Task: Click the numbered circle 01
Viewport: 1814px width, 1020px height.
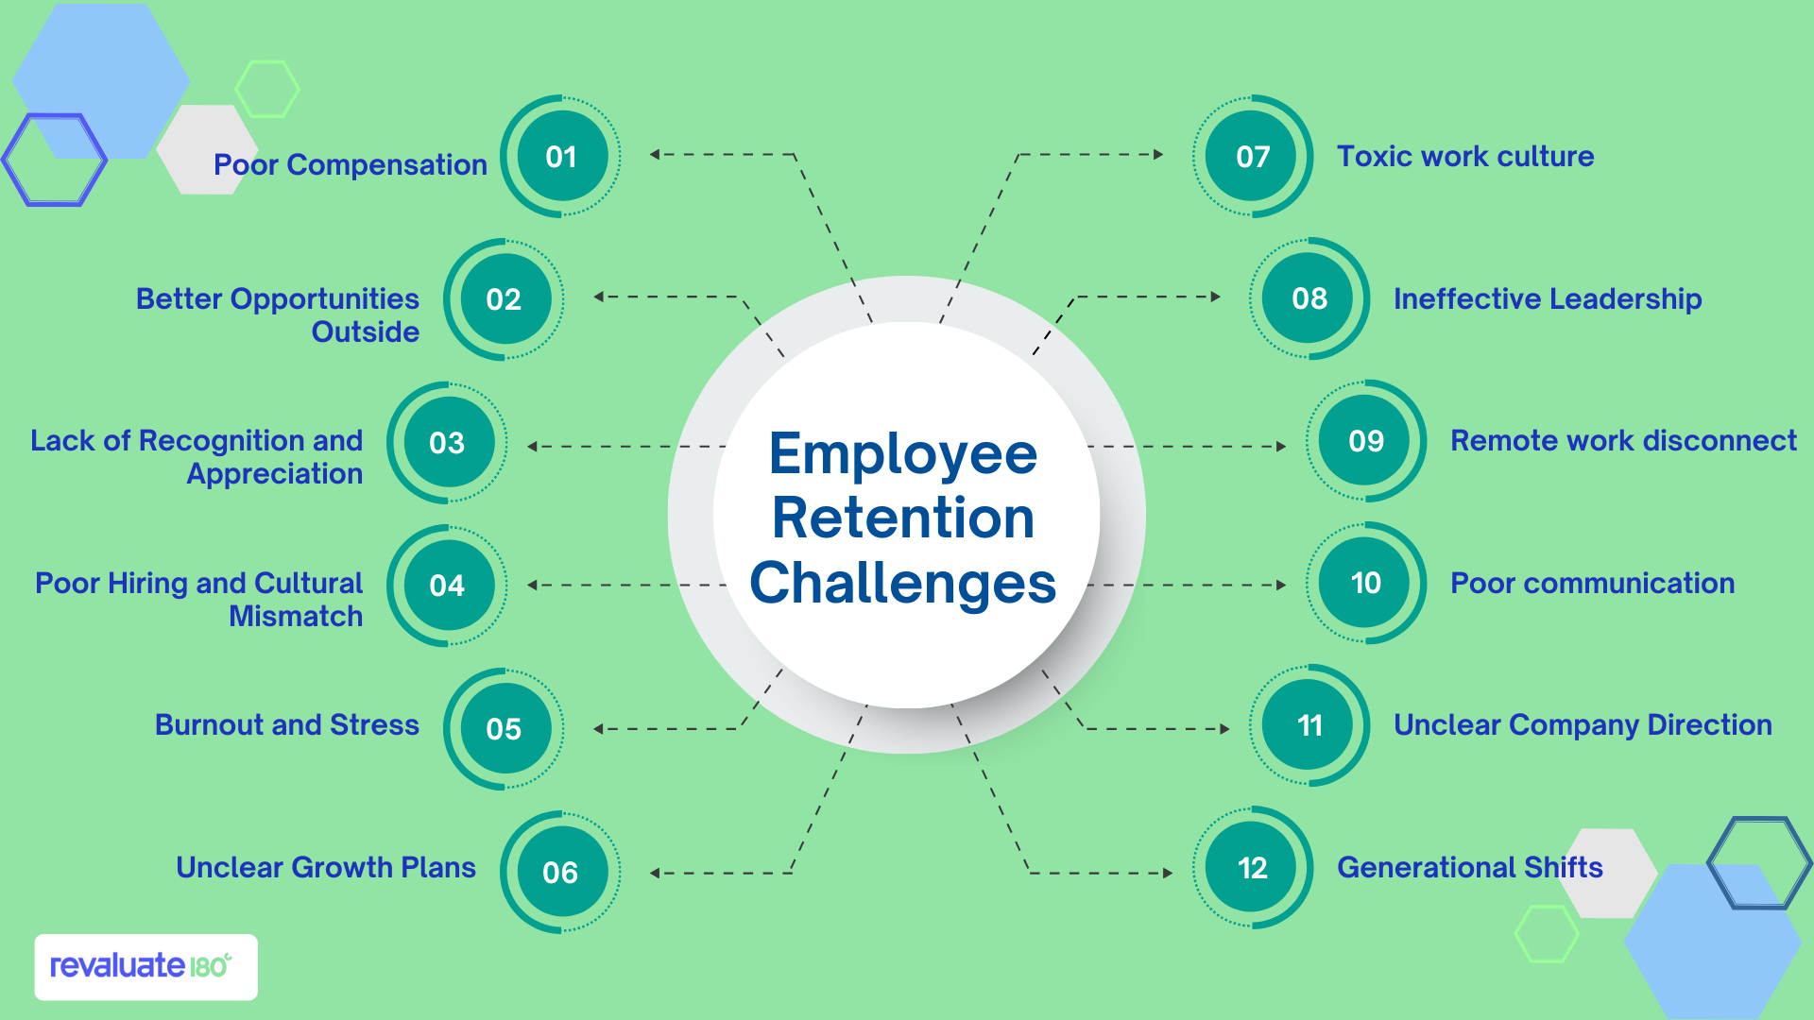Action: [x=561, y=157]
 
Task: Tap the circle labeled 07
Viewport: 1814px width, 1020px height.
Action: [x=1253, y=157]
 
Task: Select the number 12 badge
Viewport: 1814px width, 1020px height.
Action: [x=1253, y=868]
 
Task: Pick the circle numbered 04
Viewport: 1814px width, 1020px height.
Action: [x=447, y=586]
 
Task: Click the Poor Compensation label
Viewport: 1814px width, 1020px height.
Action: [x=351, y=165]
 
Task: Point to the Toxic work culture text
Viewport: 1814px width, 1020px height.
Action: [x=1465, y=157]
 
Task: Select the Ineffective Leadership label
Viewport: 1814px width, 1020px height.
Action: [x=1548, y=299]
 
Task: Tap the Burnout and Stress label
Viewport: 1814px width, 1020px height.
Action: [x=287, y=725]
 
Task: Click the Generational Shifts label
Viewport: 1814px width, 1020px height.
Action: [x=1470, y=868]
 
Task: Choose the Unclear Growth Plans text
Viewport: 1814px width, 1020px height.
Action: [x=326, y=868]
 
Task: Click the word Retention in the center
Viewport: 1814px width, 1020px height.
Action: [x=903, y=518]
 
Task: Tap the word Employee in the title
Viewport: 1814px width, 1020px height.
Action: [x=903, y=454]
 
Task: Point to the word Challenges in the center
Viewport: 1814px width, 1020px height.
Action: [x=903, y=583]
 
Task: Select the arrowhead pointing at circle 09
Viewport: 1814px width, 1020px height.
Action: [x=1281, y=447]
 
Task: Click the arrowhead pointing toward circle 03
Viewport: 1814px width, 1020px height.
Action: [x=533, y=447]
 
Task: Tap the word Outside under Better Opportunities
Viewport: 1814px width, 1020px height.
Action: [x=366, y=332]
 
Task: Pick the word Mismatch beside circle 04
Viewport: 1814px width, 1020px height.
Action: [x=296, y=617]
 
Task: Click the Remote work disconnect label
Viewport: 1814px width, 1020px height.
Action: [x=1623, y=441]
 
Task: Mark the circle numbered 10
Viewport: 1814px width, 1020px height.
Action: [x=1366, y=584]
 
